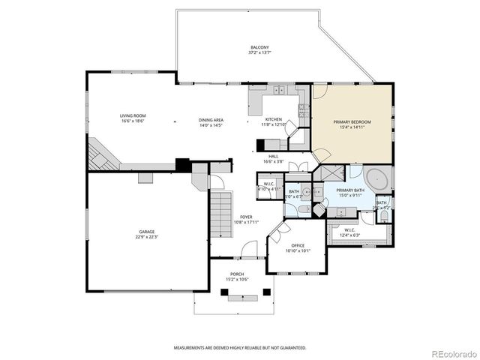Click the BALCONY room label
(259, 49)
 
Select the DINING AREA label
(211, 120)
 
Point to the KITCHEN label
(273, 120)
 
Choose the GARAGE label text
(146, 232)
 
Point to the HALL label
(273, 156)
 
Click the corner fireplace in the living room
(98, 154)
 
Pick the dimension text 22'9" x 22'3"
(146, 237)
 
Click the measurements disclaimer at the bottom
(240, 348)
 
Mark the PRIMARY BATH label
(350, 190)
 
